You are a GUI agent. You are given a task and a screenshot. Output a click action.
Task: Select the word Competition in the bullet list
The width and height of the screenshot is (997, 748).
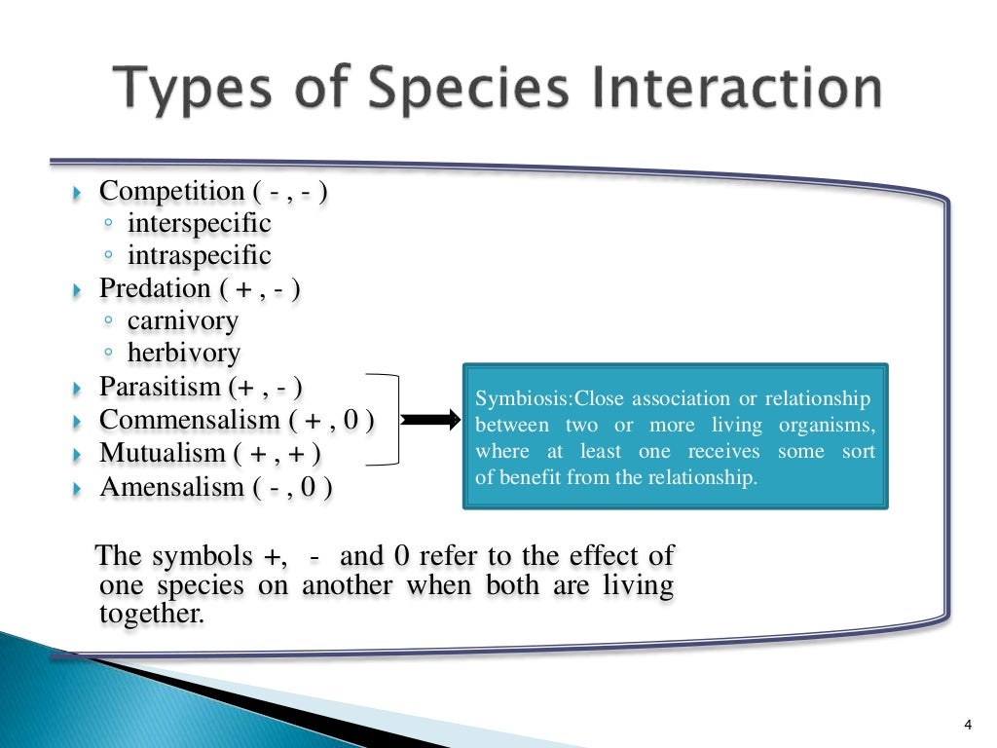(171, 191)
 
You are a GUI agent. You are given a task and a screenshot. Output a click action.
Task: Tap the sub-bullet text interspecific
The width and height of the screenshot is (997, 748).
(199, 223)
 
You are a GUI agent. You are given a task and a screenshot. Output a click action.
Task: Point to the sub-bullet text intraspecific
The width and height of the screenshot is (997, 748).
(199, 255)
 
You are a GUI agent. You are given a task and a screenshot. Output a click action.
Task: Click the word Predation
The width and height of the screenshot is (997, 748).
(155, 288)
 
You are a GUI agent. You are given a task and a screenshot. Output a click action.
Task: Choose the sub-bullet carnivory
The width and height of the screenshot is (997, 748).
(182, 320)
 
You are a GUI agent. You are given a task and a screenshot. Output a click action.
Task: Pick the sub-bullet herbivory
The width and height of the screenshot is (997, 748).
(183, 353)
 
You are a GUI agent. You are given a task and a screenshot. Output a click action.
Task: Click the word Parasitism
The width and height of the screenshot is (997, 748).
(161, 387)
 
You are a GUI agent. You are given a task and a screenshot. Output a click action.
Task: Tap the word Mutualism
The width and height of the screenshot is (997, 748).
(162, 453)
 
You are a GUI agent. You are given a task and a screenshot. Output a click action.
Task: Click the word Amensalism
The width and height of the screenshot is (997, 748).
(170, 486)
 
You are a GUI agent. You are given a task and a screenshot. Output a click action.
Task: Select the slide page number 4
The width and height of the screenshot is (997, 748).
(968, 723)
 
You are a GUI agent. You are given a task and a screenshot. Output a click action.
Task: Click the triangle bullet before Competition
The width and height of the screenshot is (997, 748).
(80, 193)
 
